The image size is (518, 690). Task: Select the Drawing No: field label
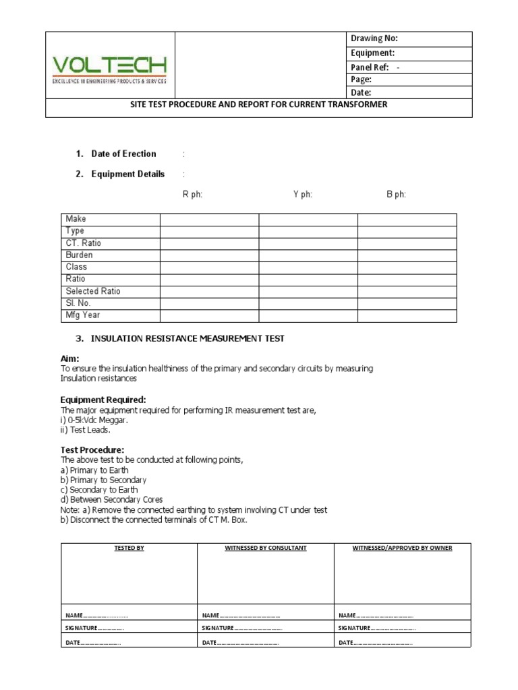(374, 39)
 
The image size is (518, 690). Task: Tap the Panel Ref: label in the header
(370, 67)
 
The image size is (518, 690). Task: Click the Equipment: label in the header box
(372, 53)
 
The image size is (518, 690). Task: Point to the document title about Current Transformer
(259, 105)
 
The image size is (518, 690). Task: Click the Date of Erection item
(123, 154)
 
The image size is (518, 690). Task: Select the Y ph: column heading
(303, 195)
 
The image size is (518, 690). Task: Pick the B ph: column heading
(396, 195)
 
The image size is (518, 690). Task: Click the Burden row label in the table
(80, 255)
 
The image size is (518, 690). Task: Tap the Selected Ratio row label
(93, 291)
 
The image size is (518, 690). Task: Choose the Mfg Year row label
(83, 315)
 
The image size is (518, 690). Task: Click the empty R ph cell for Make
(209, 219)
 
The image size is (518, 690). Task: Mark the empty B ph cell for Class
(407, 268)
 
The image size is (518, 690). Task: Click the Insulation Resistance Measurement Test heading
(188, 339)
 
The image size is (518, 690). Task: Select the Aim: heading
(70, 358)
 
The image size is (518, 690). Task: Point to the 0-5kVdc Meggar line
(94, 420)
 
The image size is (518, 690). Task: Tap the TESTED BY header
(129, 548)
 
